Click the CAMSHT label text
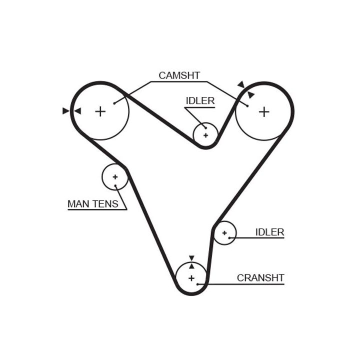pyautogui.click(x=179, y=75)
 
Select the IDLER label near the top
pyautogui.click(x=200, y=100)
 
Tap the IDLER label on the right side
pyautogui.click(x=269, y=232)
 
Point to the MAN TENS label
pyautogui.click(x=93, y=203)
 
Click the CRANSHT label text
pyautogui.click(x=260, y=278)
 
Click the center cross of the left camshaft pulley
pyautogui.click(x=100, y=111)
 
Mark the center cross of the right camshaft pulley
pyautogui.click(x=263, y=111)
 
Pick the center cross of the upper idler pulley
pyautogui.click(x=205, y=134)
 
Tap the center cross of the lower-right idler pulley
pyautogui.click(x=224, y=233)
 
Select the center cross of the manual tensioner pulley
pyautogui.click(x=115, y=176)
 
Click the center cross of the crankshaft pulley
pyautogui.click(x=191, y=277)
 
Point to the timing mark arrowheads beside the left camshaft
pyautogui.click(x=71, y=111)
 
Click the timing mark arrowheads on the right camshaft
pyautogui.click(x=246, y=89)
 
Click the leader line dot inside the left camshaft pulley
pyautogui.click(x=114, y=103)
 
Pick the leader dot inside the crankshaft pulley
pyautogui.click(x=198, y=284)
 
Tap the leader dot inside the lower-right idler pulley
pyautogui.click(x=229, y=238)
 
